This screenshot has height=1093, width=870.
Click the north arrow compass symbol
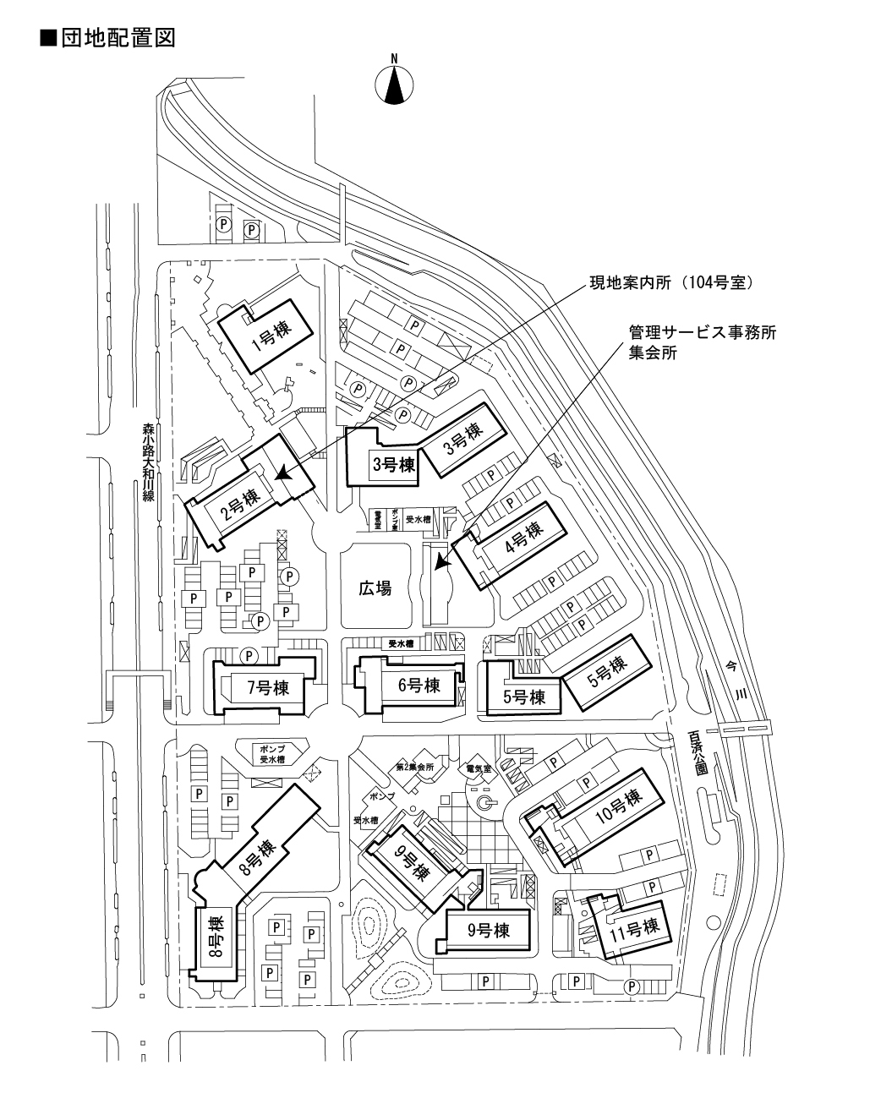(394, 84)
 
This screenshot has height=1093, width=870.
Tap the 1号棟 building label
(270, 337)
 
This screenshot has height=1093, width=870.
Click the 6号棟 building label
(419, 685)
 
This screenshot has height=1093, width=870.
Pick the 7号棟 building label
(267, 688)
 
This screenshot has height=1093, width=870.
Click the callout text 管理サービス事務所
(702, 332)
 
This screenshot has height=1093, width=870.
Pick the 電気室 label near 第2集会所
(479, 769)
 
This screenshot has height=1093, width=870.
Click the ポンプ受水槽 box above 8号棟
(273, 754)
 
